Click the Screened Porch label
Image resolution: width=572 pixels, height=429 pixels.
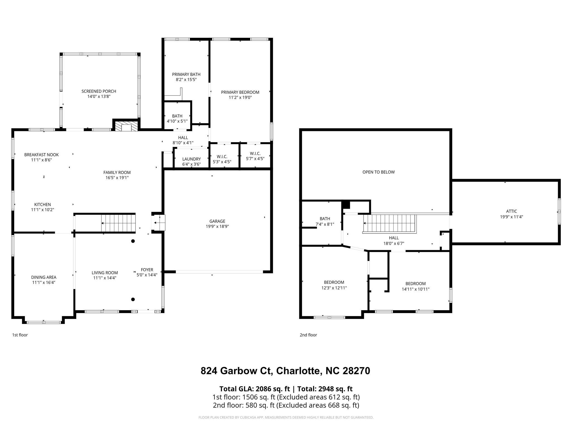coord(99,91)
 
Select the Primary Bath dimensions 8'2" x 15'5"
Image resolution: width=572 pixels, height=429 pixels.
coord(186,80)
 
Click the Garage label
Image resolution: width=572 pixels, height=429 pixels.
coord(217,221)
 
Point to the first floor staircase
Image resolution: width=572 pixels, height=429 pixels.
coord(118,223)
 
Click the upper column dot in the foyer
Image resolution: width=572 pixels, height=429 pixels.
coord(133,241)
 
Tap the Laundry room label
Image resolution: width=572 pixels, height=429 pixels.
coord(191,159)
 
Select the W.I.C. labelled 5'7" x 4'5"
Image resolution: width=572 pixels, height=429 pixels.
coord(255,156)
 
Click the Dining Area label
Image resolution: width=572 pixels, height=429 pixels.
coord(44,277)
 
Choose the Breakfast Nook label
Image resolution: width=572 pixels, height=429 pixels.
coord(41,155)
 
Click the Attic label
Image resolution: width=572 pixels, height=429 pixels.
coord(511,211)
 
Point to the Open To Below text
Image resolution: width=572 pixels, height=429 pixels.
coord(378,172)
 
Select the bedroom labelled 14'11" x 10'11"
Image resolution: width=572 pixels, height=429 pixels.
coord(415,286)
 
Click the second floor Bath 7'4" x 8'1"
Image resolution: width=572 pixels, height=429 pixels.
coord(325,221)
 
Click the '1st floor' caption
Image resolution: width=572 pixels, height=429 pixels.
coord(20,335)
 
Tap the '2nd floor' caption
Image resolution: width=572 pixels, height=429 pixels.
coord(308,335)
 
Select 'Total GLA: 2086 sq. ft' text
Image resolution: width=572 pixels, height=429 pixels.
coord(255,389)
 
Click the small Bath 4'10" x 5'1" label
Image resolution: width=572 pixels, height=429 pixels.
coord(177,118)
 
